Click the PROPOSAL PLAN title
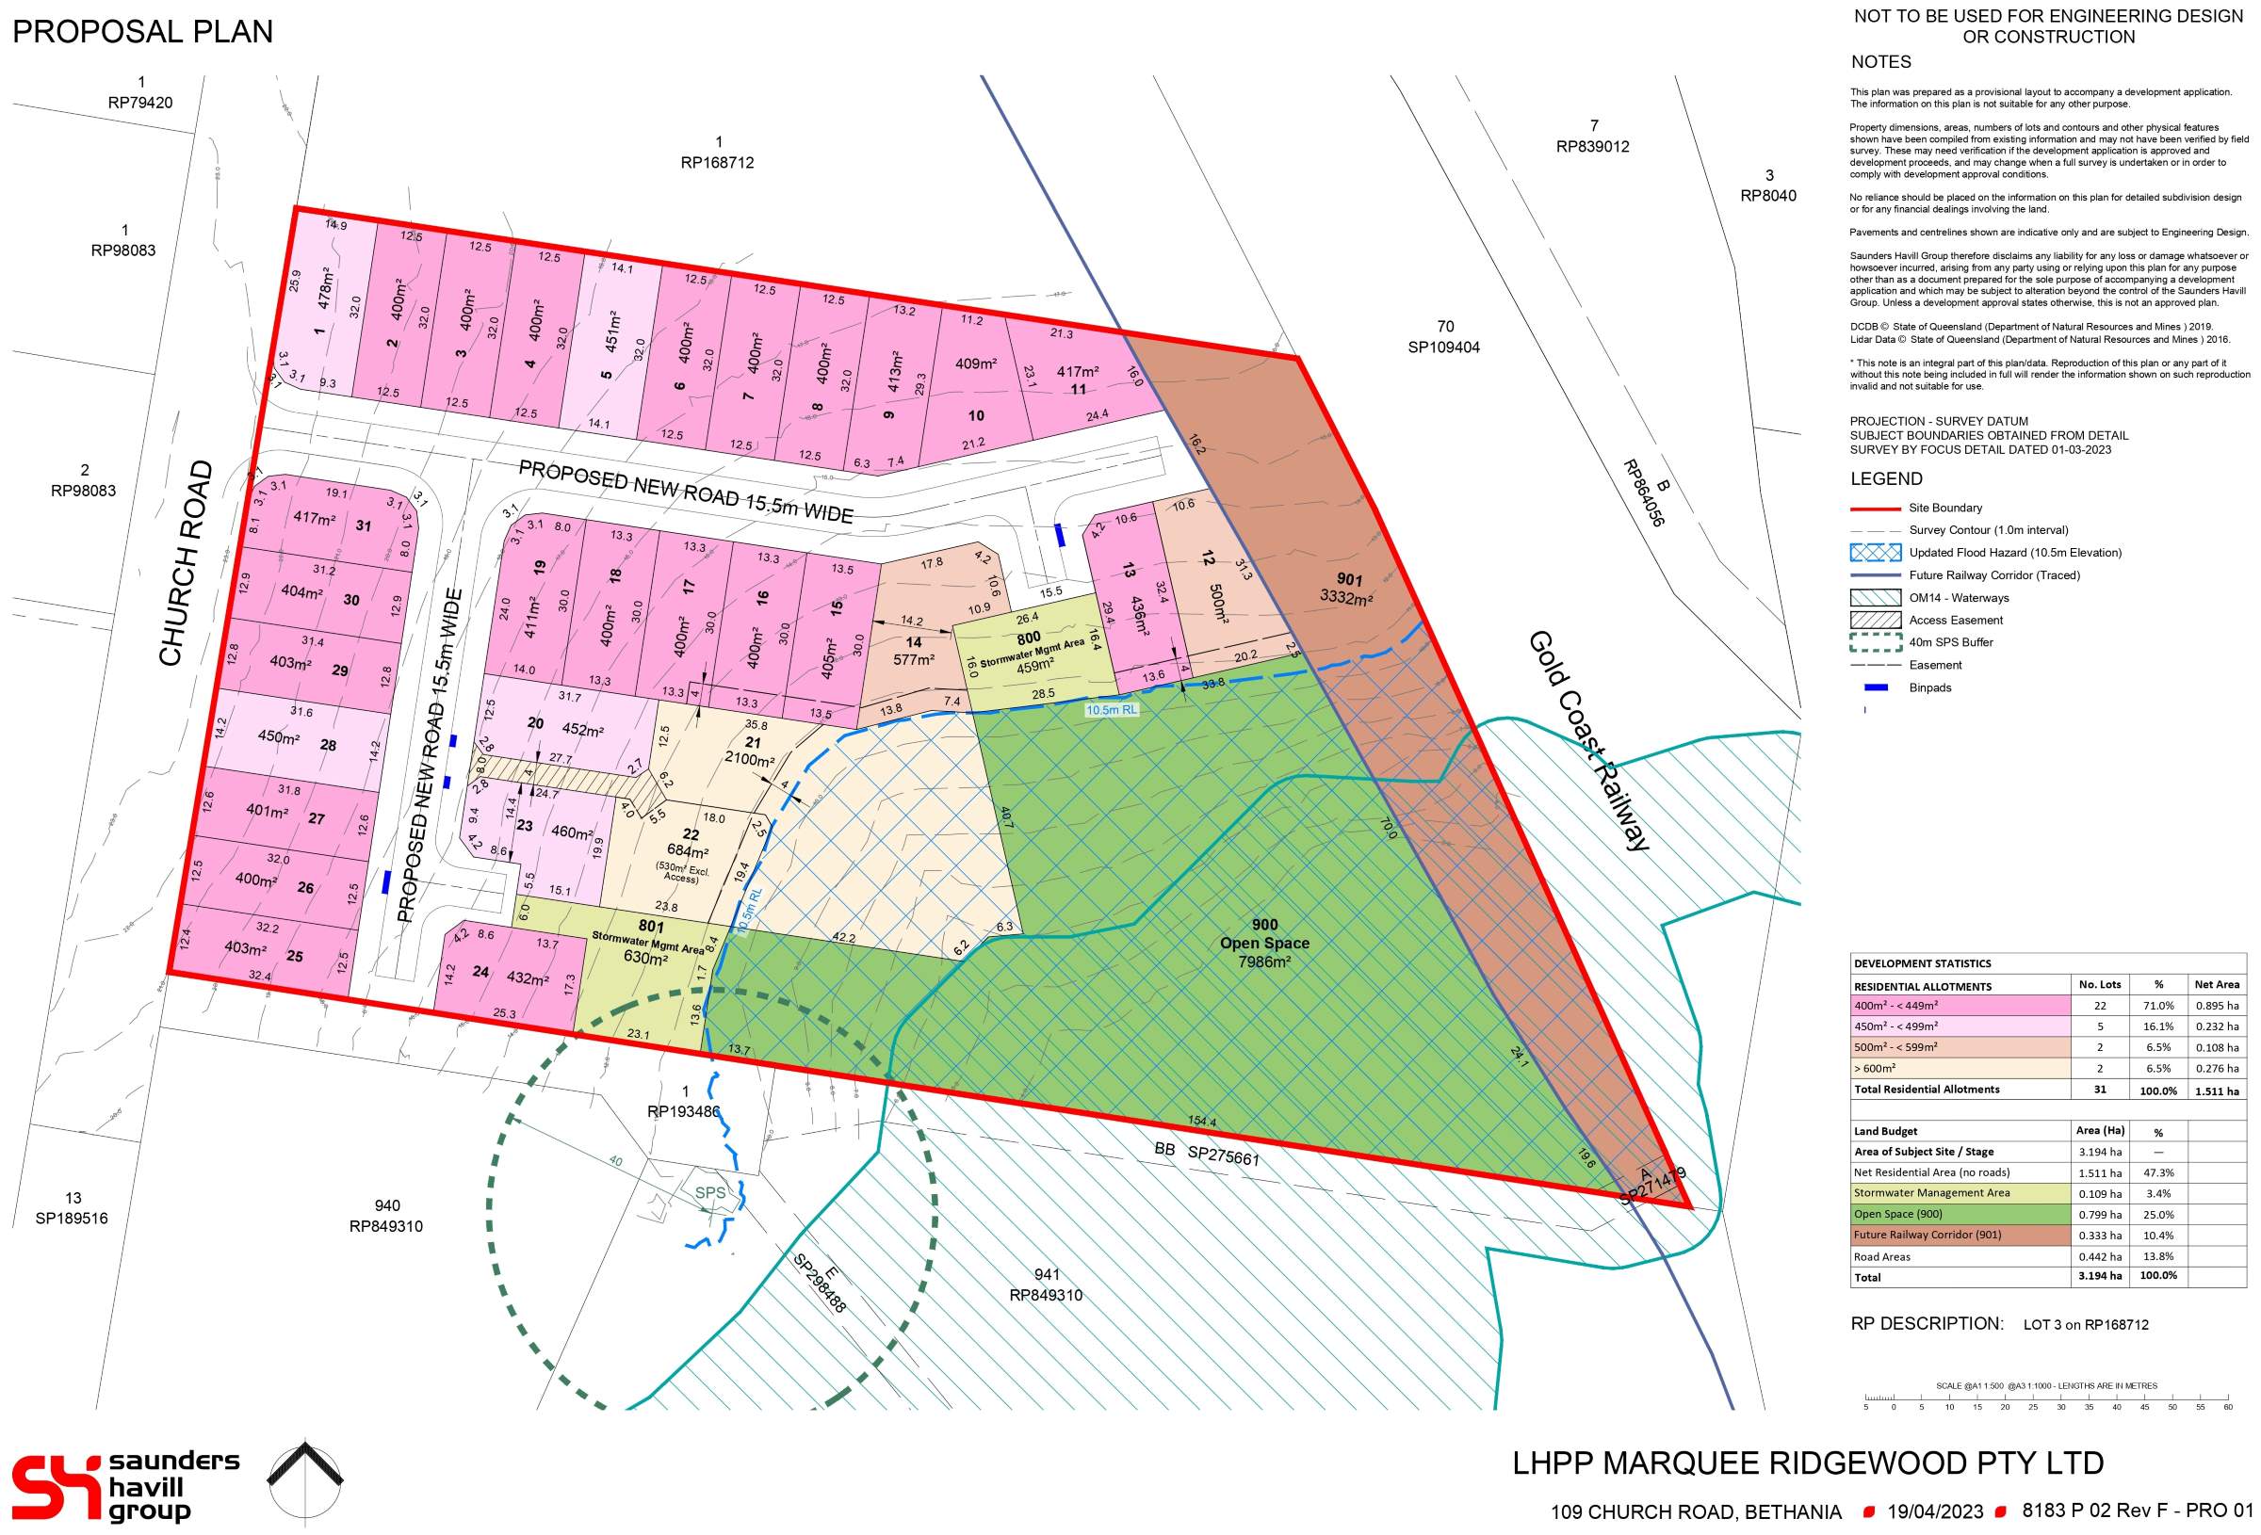[142, 32]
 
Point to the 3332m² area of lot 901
[1345, 597]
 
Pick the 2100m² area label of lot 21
[749, 759]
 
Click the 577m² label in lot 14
[914, 659]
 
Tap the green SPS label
[709, 1192]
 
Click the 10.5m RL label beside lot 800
[1111, 710]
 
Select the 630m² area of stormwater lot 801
[645, 958]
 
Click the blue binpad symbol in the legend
[1875, 687]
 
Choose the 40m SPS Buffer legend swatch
[1875, 642]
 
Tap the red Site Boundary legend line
[1875, 508]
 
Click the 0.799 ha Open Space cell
[2101, 1214]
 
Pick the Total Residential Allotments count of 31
[2100, 1090]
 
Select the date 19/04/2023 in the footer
[1935, 1511]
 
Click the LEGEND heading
[1885, 478]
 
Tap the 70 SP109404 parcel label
[1444, 336]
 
